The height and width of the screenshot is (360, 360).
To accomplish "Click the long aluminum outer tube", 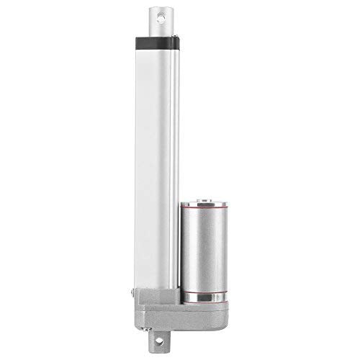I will [155, 144].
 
